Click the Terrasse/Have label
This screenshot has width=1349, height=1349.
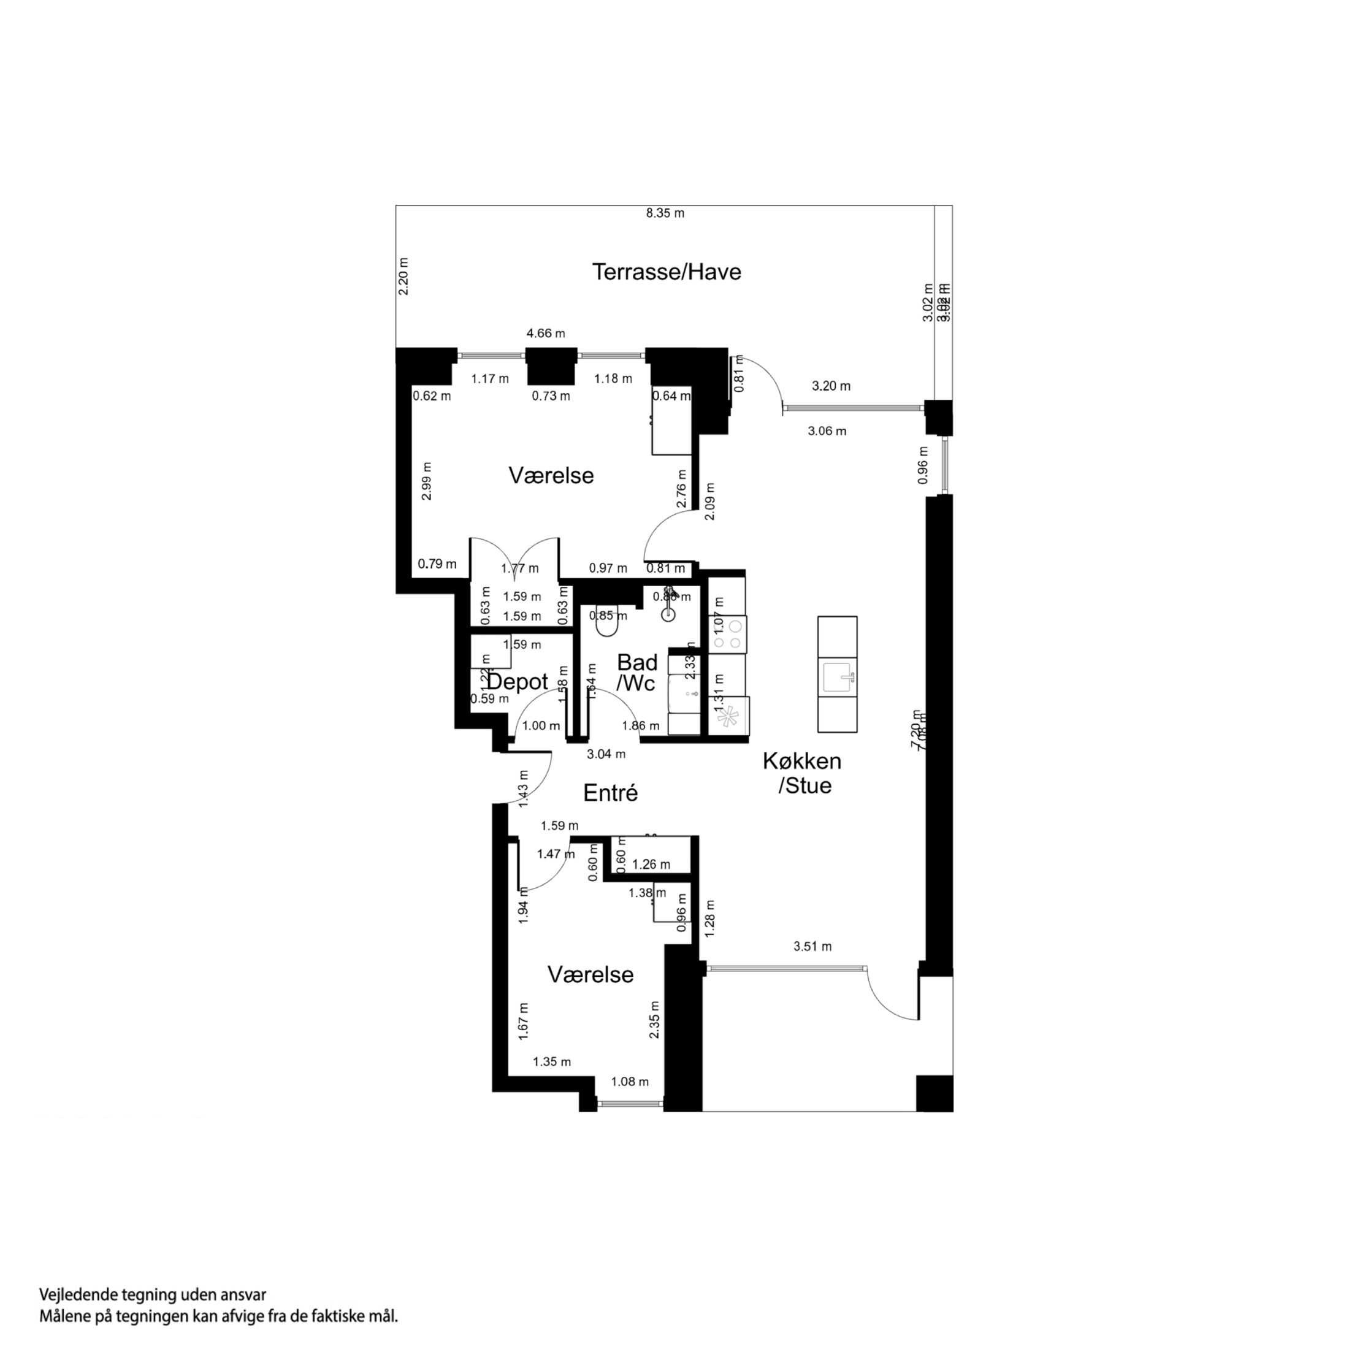[x=666, y=272]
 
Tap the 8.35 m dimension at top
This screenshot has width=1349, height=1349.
[x=665, y=213]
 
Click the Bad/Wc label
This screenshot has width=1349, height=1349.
[x=637, y=673]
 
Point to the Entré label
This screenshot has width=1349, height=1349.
[x=610, y=793]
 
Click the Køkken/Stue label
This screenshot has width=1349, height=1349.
[x=801, y=773]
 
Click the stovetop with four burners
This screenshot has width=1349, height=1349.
[x=728, y=634]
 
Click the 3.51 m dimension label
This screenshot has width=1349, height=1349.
[x=812, y=947]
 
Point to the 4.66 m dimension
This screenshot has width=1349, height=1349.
[x=545, y=334]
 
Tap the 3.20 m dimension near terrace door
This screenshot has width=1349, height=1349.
[x=831, y=386]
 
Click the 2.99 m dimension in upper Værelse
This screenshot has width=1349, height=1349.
[x=427, y=481]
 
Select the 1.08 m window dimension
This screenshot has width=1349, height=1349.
[x=629, y=1082]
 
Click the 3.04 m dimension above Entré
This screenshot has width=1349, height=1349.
[x=605, y=754]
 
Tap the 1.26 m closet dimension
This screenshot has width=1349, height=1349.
[x=651, y=865]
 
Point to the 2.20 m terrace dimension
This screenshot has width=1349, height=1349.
[x=403, y=277]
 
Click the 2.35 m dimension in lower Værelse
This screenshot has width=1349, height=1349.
[x=654, y=1020]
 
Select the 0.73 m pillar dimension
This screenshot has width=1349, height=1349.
[x=551, y=396]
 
